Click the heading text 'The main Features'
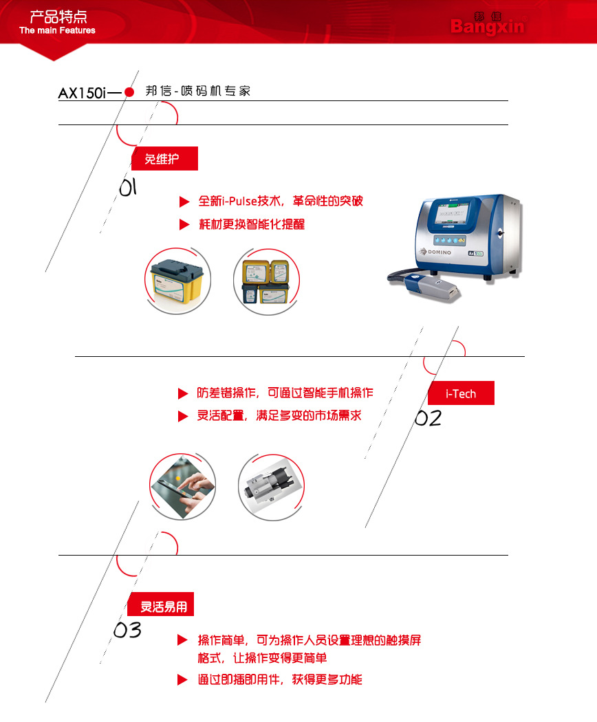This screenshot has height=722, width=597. pos(57,30)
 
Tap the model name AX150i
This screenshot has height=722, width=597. pos(82,93)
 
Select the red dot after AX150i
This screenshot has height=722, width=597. pos(129,92)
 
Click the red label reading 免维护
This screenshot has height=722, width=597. pos(164,158)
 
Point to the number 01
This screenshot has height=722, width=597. pos(128,188)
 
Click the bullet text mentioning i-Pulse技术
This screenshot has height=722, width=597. pos(281,201)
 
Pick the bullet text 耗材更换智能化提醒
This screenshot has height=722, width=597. pos(252,224)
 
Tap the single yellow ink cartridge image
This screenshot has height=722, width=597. pos(178,281)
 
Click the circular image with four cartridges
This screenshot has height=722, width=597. pos(266,281)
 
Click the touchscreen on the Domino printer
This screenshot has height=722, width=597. pos(453,214)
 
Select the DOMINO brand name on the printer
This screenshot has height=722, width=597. pos(439,252)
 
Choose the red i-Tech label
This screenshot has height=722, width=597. pos(461,393)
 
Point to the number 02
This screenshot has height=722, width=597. pos(428,418)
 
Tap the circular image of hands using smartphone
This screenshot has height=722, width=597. pos(182,486)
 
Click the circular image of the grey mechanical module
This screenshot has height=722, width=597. pos(271,487)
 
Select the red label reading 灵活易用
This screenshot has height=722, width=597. pos(160,604)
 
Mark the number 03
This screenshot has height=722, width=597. pos(127,630)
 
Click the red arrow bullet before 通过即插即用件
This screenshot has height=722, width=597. pos(182,679)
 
